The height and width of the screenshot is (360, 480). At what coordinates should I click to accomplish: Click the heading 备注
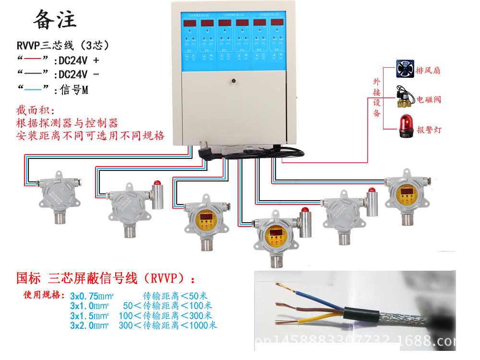[x=54, y=20]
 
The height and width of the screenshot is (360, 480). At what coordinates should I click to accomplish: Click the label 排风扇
[x=428, y=71]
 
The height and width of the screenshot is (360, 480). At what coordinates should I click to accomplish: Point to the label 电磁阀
[x=428, y=100]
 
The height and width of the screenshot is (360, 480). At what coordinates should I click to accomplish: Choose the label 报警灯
[x=428, y=130]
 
